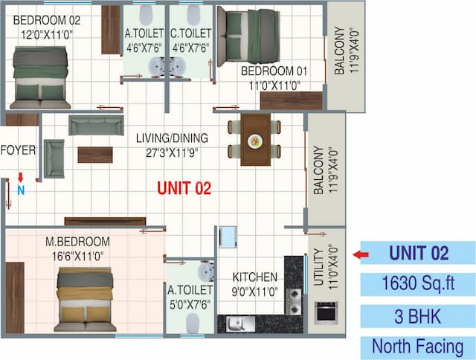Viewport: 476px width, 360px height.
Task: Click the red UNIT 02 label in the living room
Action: (184, 189)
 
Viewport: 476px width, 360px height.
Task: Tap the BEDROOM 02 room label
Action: (47, 20)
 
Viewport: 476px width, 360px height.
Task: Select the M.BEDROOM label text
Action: (77, 242)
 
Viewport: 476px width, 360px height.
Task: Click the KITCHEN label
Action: (254, 277)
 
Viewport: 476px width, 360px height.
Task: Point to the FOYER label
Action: (18, 150)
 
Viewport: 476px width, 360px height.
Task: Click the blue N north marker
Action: (21, 190)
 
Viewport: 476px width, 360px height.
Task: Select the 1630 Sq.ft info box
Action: (417, 283)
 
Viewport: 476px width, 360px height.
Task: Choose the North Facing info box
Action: (417, 346)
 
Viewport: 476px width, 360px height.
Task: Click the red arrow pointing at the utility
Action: (361, 254)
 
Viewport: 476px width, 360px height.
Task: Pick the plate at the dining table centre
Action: (255, 140)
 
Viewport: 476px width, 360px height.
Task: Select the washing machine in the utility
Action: (325, 313)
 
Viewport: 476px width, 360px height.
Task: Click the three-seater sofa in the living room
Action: (96, 125)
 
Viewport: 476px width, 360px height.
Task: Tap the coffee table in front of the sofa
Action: (95, 155)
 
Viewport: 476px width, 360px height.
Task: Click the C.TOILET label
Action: (191, 33)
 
